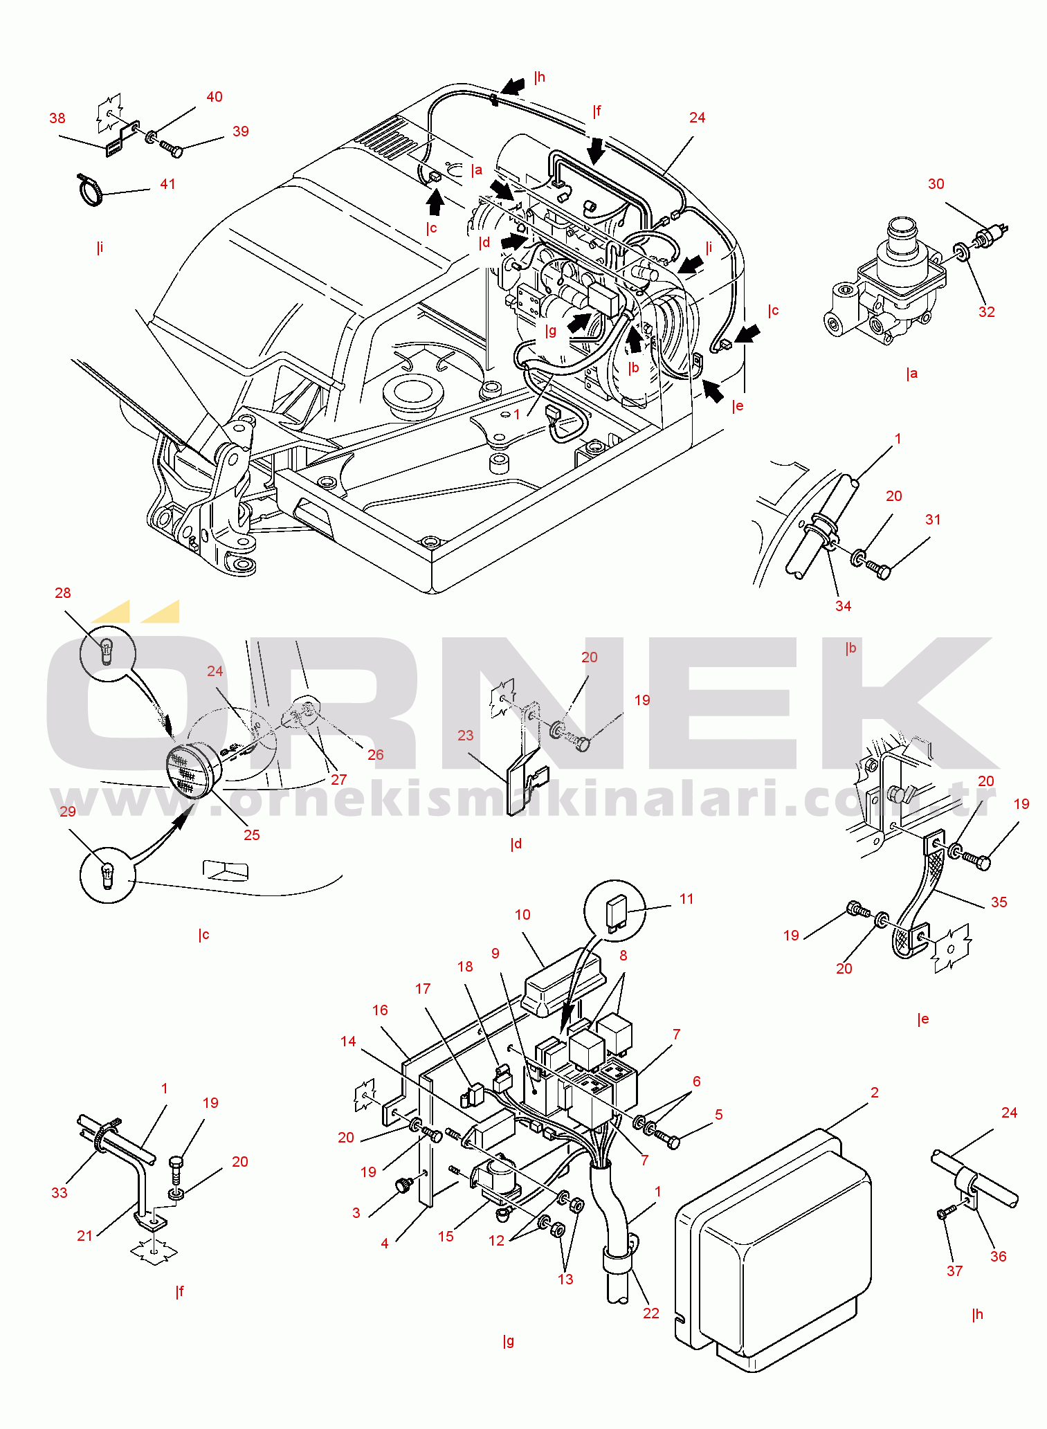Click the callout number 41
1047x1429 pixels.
tap(167, 184)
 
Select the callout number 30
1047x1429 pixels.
tap(936, 184)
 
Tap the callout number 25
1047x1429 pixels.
tap(251, 835)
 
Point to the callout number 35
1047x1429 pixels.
tap(999, 902)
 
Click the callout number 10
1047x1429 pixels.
tap(522, 914)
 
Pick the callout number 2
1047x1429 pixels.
tap(875, 1092)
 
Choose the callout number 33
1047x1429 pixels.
tap(60, 1192)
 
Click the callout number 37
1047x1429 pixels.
tap(954, 1271)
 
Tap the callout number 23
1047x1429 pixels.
tap(465, 735)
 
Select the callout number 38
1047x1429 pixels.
tap(57, 118)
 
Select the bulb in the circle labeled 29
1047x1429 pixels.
tap(107, 875)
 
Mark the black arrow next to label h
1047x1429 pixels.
tap(513, 86)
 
